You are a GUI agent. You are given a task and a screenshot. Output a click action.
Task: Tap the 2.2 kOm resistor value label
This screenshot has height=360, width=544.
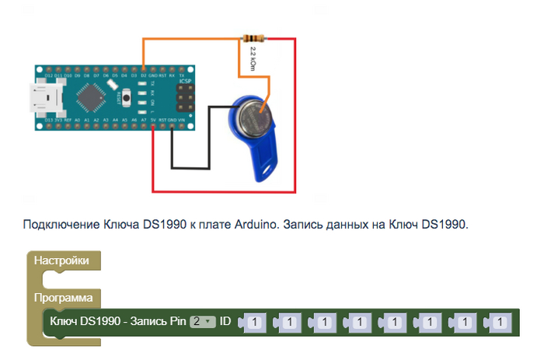click(x=253, y=58)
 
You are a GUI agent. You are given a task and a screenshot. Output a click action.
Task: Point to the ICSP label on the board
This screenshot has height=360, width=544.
click(x=184, y=81)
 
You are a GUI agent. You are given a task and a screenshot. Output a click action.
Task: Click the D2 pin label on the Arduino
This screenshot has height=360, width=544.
click(x=144, y=75)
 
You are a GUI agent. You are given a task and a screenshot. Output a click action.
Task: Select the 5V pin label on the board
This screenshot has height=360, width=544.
click(x=154, y=121)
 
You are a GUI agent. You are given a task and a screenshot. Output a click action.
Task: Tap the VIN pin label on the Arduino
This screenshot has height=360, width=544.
click(x=182, y=121)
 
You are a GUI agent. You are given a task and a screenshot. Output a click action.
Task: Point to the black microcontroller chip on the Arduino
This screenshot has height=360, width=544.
click(x=92, y=98)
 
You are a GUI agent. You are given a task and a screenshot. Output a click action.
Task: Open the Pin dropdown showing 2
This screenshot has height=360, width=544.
click(x=203, y=321)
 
